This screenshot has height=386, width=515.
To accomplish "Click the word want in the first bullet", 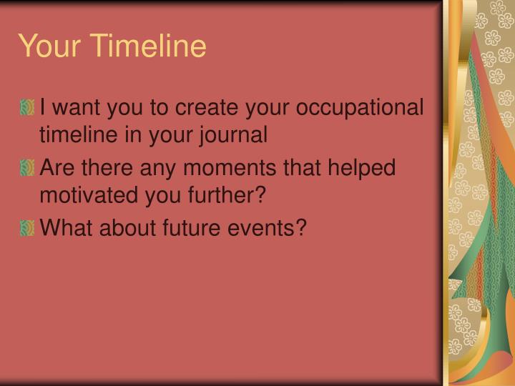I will point(76,109).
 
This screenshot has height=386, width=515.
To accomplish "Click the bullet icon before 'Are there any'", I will point(26,169).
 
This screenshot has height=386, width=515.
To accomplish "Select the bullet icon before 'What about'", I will point(26,229).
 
